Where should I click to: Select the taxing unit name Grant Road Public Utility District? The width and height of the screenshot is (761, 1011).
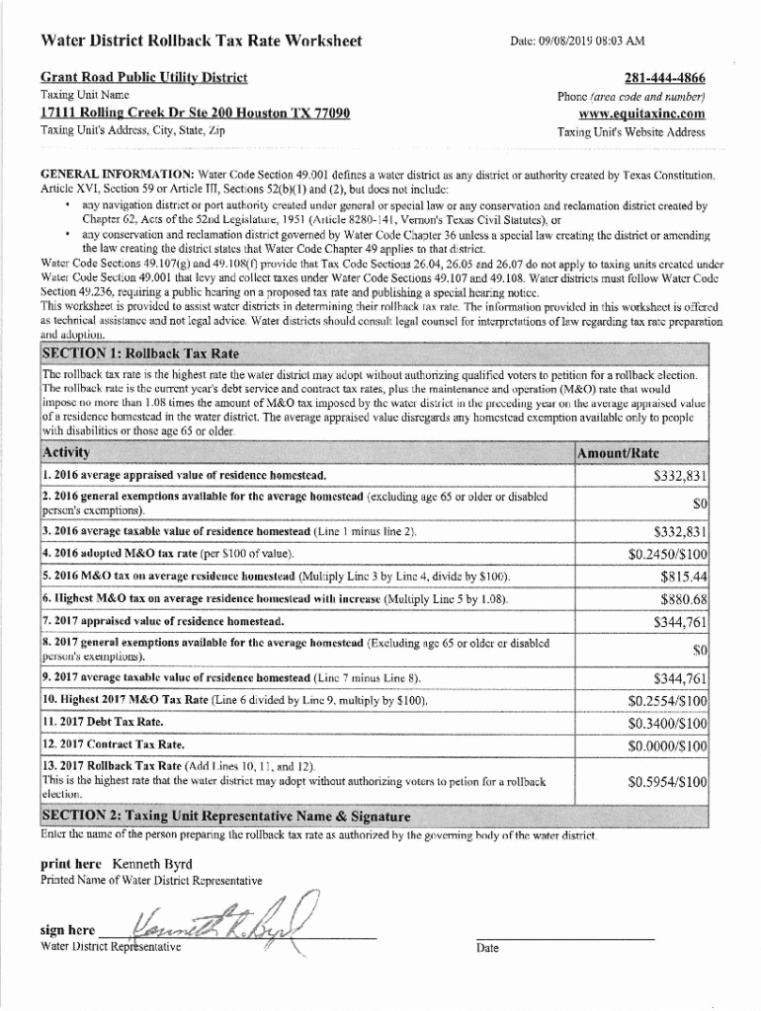(143, 77)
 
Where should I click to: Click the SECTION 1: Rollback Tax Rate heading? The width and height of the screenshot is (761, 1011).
(139, 353)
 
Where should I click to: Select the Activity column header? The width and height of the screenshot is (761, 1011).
(66, 452)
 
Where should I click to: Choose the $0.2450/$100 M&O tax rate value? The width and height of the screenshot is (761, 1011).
(668, 553)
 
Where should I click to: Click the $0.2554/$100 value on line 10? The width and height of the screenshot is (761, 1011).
(668, 701)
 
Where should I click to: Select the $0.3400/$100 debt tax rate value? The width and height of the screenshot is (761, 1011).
(668, 723)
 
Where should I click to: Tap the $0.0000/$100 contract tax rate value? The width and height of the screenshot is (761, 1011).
(668, 745)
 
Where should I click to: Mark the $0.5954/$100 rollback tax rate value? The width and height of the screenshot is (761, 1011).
(668, 781)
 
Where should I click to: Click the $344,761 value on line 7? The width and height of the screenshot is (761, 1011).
(680, 622)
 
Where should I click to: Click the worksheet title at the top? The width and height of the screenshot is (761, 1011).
(201, 41)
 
